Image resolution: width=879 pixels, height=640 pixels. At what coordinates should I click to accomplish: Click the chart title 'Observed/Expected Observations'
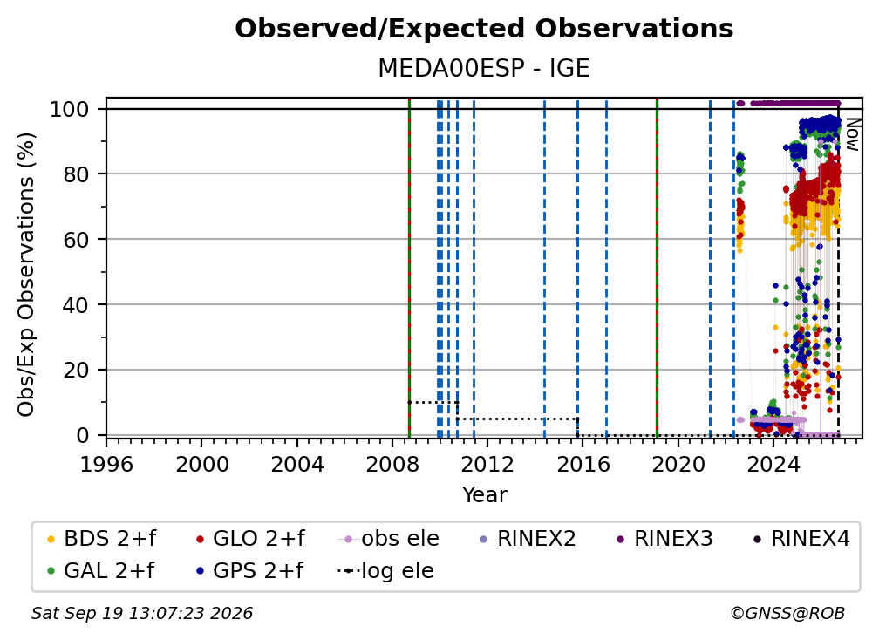point(484,29)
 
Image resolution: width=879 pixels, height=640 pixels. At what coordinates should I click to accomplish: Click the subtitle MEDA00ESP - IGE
point(484,68)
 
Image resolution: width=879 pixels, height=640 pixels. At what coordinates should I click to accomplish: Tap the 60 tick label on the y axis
point(76,239)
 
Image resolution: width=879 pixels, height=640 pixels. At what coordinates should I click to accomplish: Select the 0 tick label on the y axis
point(83,435)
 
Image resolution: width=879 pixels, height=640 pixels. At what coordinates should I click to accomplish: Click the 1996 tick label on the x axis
point(106,465)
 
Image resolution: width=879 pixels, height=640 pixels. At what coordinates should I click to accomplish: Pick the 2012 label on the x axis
point(487,465)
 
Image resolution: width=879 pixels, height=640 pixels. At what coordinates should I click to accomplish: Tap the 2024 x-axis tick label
point(773,465)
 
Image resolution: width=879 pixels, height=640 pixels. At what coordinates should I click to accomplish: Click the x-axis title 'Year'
point(484,495)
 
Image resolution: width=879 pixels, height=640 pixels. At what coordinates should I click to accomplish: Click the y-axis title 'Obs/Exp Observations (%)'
point(26,275)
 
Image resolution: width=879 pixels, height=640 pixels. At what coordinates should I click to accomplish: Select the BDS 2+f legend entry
point(101,539)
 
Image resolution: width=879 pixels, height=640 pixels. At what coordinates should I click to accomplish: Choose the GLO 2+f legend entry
point(250,539)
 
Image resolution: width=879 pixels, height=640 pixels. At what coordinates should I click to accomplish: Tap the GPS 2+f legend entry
point(249,571)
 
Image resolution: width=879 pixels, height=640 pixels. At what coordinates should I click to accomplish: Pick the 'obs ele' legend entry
point(389,539)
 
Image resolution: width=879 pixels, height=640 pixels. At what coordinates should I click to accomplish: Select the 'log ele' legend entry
point(385,571)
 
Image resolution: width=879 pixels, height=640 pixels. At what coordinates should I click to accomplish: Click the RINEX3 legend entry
point(664,539)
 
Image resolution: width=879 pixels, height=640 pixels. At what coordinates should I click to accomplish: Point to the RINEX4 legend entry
point(801,539)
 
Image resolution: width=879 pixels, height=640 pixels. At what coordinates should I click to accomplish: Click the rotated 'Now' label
point(852,134)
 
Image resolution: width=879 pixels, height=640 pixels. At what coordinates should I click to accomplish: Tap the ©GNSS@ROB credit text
point(787,614)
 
